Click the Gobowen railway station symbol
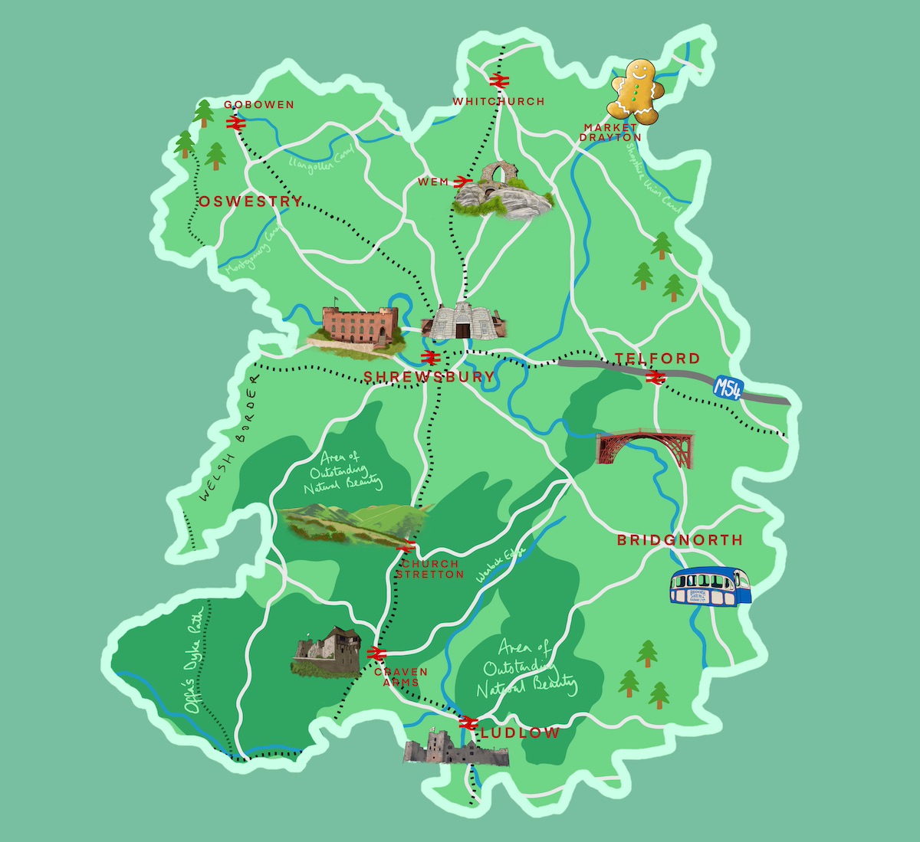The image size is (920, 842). (x=235, y=123)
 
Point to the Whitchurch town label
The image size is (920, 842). (x=498, y=101)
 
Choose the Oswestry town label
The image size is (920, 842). (x=251, y=201)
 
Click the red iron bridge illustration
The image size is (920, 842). (x=645, y=446)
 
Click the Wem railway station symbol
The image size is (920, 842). (x=461, y=182)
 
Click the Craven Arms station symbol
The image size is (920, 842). (x=376, y=653)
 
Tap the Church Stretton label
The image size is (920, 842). (x=429, y=568)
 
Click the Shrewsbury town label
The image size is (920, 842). (x=429, y=376)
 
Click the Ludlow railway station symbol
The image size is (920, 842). (x=468, y=722)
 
